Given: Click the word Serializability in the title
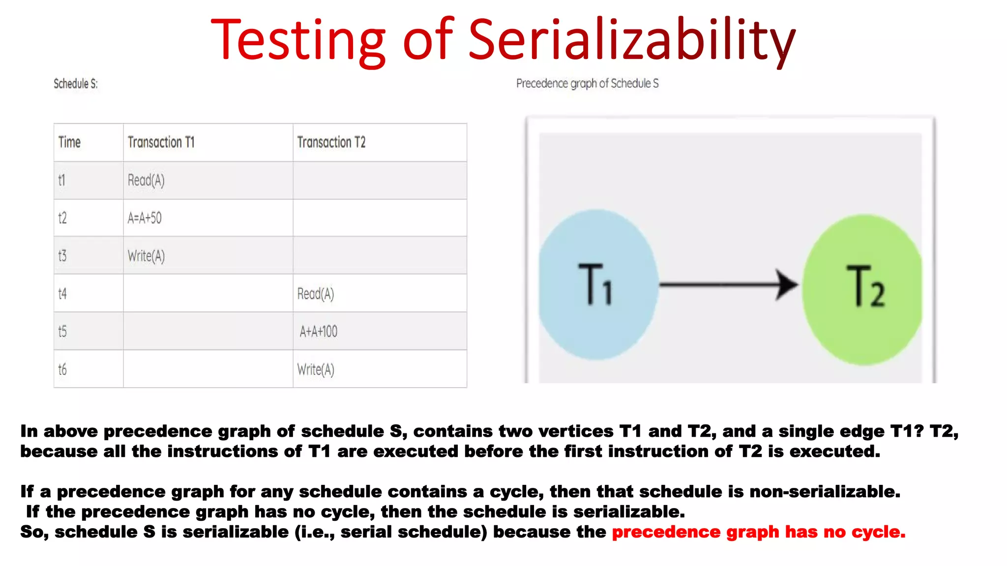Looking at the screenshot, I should [x=631, y=40].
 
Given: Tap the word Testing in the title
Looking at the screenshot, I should [x=298, y=40].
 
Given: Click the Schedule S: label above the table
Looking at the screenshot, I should [x=76, y=84].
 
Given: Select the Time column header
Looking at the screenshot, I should [x=69, y=142].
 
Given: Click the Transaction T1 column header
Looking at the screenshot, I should [x=161, y=142].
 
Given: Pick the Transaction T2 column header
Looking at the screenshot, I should [x=331, y=142].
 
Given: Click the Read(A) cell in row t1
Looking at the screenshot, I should [x=146, y=180].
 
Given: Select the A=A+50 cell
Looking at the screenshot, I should [x=145, y=218].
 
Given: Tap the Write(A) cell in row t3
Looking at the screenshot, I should [x=146, y=256].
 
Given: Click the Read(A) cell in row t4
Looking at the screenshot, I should [x=315, y=294].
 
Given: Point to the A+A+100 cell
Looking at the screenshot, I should [x=318, y=332].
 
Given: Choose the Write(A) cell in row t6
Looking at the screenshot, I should [x=315, y=369].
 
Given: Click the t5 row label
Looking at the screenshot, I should [x=62, y=332].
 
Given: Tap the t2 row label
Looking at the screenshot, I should [x=62, y=218].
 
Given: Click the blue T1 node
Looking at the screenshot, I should [x=597, y=285].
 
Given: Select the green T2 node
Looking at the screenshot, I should [x=863, y=290].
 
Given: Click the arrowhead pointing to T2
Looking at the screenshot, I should [x=787, y=284].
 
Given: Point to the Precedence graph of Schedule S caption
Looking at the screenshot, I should [x=587, y=84].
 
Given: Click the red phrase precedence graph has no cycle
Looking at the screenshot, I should [x=758, y=532].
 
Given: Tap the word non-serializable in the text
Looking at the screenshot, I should [x=825, y=491].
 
